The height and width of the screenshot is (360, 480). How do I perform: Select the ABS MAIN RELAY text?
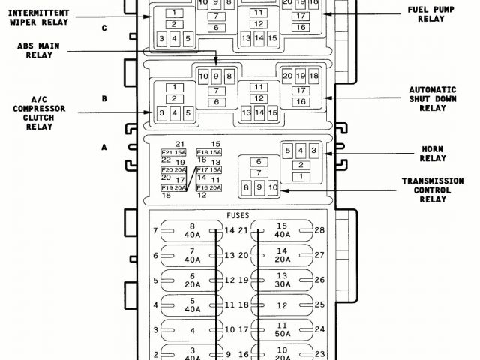point(43,50)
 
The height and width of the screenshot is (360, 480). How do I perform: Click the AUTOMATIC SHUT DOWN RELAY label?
point(433,98)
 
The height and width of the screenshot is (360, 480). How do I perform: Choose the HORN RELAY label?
point(433,159)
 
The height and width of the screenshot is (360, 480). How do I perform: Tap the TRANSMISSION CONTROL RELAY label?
point(433,190)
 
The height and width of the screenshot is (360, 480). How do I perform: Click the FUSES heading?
point(238,214)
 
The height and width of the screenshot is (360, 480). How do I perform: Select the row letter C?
point(105,28)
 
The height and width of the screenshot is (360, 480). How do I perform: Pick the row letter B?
point(105,98)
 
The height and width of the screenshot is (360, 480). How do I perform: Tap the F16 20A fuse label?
point(208,187)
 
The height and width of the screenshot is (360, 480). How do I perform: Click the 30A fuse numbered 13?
point(282,280)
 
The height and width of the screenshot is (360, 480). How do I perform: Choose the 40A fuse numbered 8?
point(192,230)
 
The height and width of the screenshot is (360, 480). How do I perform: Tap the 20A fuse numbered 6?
point(192,280)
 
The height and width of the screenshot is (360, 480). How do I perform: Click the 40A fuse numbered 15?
point(282,230)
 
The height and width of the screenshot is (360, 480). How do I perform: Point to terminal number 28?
point(319,230)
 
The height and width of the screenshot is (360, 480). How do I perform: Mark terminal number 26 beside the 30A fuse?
point(319,280)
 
